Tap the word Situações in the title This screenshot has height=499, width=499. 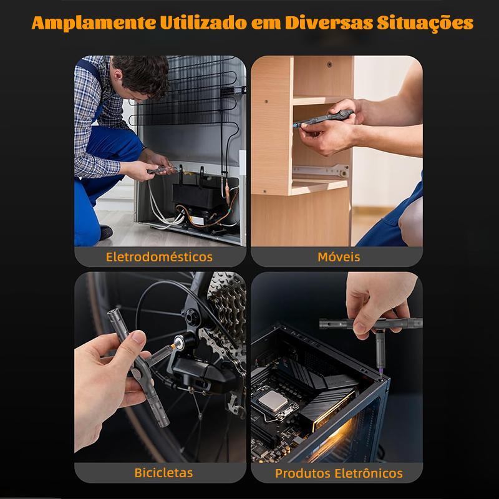coord(425,23)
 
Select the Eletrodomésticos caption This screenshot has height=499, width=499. coord(159,257)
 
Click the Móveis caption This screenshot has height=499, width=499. coord(339,257)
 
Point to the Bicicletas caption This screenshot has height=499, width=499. coord(163,473)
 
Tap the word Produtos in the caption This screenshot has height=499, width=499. coord(303,473)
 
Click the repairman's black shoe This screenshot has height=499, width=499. coord(106,232)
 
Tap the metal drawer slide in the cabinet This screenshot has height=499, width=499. coord(321,171)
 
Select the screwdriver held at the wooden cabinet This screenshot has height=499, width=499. coord(324,119)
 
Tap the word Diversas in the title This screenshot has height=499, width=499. coord(329,22)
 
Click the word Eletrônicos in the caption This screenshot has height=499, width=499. coord(369,473)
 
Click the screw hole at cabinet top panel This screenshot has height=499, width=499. coord(330,64)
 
